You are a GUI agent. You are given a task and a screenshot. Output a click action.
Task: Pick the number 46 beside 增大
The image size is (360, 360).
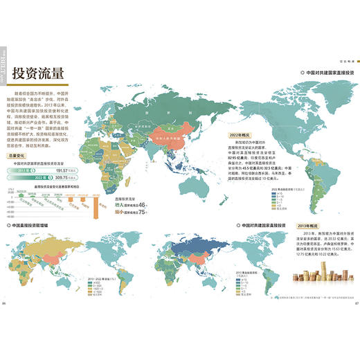(x=142, y=206)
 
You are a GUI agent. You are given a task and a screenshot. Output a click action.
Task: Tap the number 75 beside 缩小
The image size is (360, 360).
(x=142, y=213)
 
